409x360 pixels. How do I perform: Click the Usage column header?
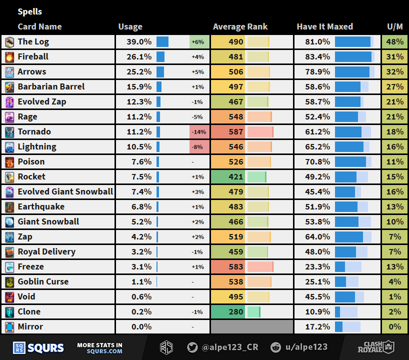point(130,27)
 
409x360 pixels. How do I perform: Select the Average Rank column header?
point(240,27)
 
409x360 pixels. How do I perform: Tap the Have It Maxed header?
point(324,27)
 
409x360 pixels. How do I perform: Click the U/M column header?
point(395,27)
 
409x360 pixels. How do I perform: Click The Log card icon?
point(9,42)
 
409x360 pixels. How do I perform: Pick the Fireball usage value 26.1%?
point(140,57)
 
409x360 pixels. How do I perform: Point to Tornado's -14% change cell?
point(199,132)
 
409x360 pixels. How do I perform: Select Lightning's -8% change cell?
point(199,147)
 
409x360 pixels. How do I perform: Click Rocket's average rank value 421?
point(235,177)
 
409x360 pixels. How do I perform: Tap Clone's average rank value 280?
point(235,312)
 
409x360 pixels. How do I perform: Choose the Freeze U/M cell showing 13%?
point(395,267)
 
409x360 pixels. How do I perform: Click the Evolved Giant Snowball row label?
point(65,192)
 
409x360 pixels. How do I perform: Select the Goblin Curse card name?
point(43,282)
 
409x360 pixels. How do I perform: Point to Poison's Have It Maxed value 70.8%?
point(318,162)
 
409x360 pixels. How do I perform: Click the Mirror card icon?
point(9,327)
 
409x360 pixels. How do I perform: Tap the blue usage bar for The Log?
point(162,42)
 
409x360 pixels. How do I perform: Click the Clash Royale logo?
point(375,347)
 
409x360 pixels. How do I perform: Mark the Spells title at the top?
point(30,11)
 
